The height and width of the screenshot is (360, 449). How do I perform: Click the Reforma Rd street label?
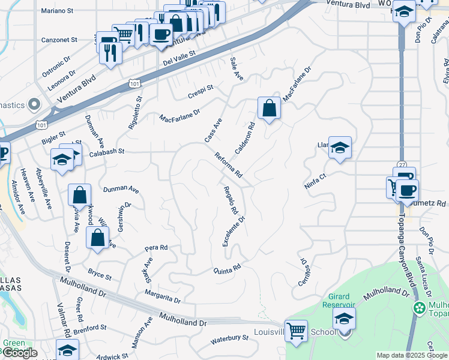(x=228, y=165)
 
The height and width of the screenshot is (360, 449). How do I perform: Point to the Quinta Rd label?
(x=228, y=268)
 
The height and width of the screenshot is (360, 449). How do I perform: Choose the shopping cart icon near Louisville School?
(x=297, y=331)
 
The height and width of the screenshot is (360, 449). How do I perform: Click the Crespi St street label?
(x=200, y=92)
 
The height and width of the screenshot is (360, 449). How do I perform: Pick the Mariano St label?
(x=58, y=10)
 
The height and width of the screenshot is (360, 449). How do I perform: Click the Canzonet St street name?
(x=59, y=40)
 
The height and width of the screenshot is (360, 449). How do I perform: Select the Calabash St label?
(x=107, y=151)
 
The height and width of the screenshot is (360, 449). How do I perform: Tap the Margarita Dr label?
(x=162, y=295)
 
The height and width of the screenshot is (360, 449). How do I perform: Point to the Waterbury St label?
(x=229, y=340)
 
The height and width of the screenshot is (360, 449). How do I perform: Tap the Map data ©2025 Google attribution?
(x=412, y=355)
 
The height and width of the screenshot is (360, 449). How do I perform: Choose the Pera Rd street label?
(x=155, y=247)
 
